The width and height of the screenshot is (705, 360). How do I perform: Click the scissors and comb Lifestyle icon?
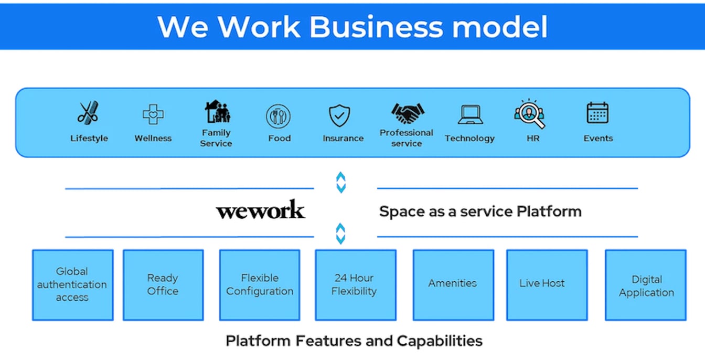tap(88, 112)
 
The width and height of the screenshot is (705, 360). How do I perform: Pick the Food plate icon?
tap(278, 116)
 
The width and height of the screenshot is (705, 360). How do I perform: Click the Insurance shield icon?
tap(339, 115)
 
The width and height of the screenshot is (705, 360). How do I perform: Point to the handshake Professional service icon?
tap(407, 112)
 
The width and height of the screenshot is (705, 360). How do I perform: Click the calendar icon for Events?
tap(597, 113)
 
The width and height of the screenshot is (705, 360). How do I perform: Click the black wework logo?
tap(260, 210)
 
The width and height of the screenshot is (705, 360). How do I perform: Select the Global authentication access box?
tap(72, 284)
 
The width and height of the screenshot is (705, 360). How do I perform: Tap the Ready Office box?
tap(163, 284)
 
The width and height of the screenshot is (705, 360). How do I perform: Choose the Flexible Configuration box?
tap(260, 284)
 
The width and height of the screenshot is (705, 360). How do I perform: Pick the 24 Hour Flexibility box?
tap(355, 284)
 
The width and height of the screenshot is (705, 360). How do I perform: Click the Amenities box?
tap(453, 284)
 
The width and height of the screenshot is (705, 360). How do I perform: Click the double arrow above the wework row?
tap(341, 182)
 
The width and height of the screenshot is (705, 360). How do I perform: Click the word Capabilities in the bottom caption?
tap(440, 341)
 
